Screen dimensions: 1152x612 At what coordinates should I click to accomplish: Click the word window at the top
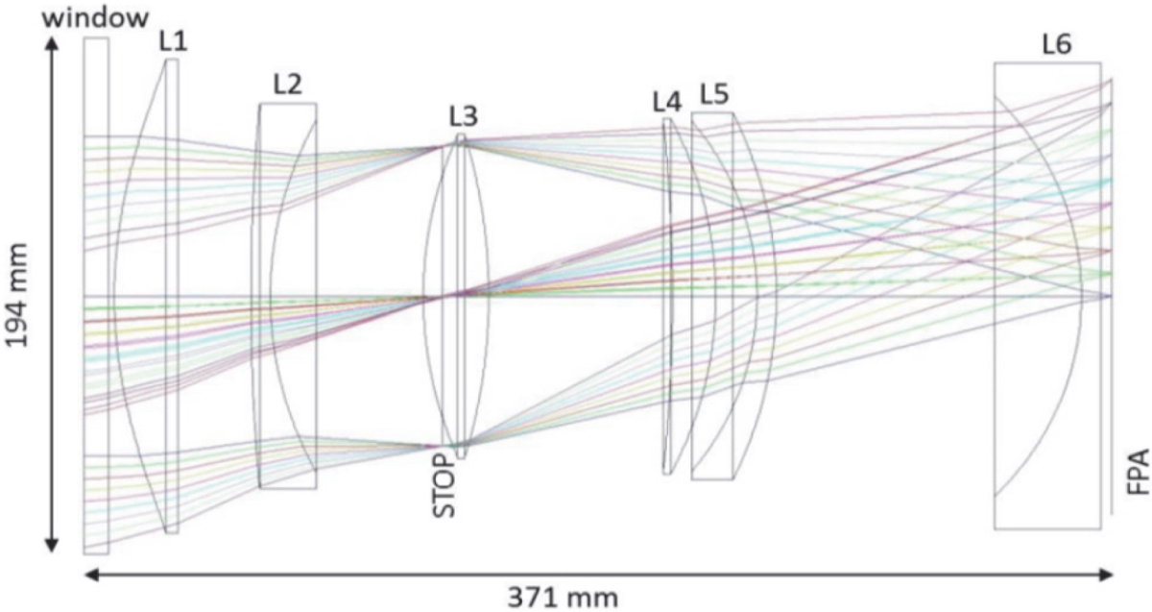pyautogui.click(x=95, y=18)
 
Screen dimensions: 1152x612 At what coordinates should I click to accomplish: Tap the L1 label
pyautogui.click(x=174, y=41)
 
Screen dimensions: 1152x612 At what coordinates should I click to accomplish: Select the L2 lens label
pyautogui.click(x=287, y=84)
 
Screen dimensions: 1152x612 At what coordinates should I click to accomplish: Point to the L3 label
pyautogui.click(x=464, y=116)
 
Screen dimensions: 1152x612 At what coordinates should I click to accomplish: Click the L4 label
pyautogui.click(x=667, y=102)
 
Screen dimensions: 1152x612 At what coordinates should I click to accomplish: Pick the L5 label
pyautogui.click(x=714, y=95)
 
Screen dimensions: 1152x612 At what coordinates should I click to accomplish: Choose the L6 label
pyautogui.click(x=1057, y=45)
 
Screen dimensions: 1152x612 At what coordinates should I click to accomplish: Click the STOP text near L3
pyautogui.click(x=444, y=485)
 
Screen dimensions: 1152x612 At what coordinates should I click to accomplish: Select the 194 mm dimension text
pyautogui.click(x=16, y=296)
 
